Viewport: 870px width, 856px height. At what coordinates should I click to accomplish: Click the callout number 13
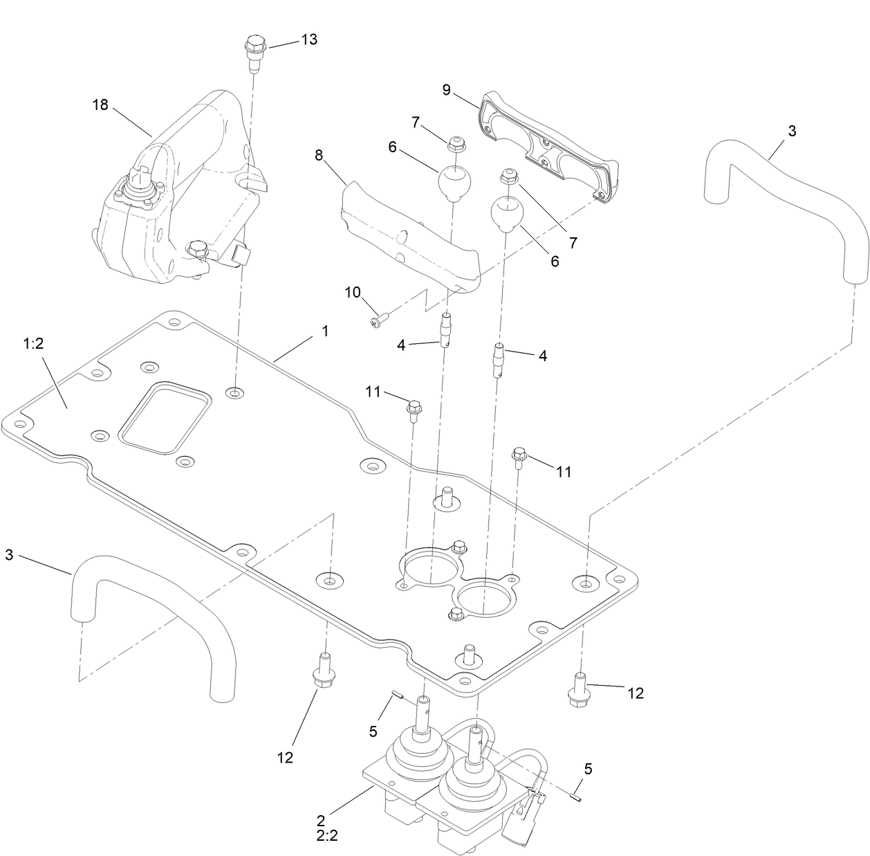[308, 39]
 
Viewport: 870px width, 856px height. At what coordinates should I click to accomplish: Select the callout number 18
[100, 105]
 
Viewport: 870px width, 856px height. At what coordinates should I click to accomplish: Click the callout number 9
[447, 89]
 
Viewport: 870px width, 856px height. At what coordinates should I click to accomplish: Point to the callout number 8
[319, 155]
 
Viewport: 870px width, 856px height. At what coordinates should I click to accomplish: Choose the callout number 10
[353, 292]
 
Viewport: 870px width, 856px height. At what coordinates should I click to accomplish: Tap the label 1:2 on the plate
[34, 344]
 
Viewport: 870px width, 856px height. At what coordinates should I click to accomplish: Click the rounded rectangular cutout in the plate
[164, 419]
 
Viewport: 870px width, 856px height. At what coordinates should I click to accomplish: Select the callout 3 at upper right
[792, 131]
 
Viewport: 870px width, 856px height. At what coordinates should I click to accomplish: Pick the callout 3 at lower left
[10, 554]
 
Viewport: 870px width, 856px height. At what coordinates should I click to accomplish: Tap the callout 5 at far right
[588, 769]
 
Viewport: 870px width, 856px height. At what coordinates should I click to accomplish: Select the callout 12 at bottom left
[285, 757]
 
